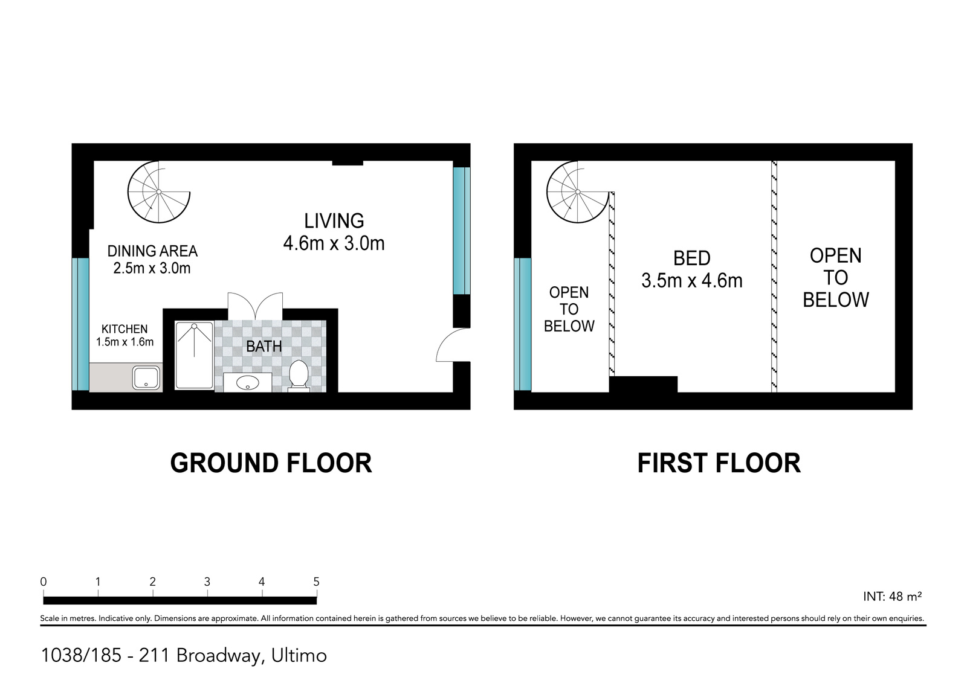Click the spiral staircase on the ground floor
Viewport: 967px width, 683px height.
click(x=159, y=191)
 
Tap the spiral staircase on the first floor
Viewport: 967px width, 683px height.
click(x=578, y=192)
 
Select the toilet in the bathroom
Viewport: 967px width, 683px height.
click(x=299, y=375)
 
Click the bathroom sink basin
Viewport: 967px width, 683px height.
click(x=247, y=382)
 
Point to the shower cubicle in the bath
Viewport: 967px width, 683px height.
click(x=194, y=355)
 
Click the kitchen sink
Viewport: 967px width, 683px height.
click(x=146, y=378)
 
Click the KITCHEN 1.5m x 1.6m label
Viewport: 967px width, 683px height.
click(x=125, y=335)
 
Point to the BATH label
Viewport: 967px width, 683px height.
click(x=264, y=346)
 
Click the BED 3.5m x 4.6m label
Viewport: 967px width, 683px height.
click(x=691, y=269)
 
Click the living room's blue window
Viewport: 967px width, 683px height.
click(x=461, y=230)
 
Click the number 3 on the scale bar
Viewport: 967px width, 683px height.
click(x=207, y=582)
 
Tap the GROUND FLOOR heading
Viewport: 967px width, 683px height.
click(x=271, y=463)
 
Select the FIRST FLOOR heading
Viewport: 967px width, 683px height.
click(x=719, y=463)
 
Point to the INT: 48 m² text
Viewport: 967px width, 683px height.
click(x=892, y=597)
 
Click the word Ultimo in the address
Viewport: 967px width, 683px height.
click(x=299, y=655)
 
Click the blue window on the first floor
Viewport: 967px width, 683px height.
click(x=523, y=324)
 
